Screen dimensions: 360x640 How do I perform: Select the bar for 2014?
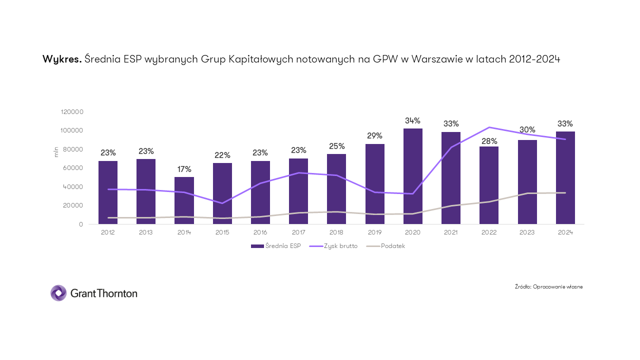click(x=184, y=200)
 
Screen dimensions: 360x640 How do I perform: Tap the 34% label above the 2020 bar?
click(x=412, y=120)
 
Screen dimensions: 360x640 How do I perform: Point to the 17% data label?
click(x=184, y=169)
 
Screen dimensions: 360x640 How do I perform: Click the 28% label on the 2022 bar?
click(x=489, y=141)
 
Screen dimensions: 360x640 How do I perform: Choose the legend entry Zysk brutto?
click(x=334, y=246)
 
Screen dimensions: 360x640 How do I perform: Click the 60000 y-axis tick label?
click(x=73, y=168)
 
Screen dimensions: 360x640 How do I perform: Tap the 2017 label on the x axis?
click(x=298, y=232)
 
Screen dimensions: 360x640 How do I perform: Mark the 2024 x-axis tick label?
click(x=565, y=232)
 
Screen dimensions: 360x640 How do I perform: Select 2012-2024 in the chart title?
click(x=534, y=59)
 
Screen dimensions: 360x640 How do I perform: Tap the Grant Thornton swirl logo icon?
click(x=58, y=293)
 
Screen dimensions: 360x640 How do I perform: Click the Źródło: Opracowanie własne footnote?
click(x=548, y=286)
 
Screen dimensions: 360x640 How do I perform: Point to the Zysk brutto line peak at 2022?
click(x=489, y=127)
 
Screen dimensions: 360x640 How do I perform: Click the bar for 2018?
click(x=336, y=188)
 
